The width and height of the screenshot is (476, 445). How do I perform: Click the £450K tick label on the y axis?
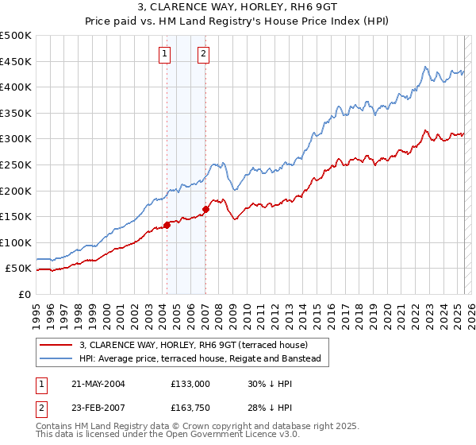point(16,61)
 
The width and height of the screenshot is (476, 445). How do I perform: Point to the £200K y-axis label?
point(16,191)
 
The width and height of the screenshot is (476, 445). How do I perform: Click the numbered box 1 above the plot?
point(164,54)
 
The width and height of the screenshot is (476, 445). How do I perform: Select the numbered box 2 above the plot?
point(203,54)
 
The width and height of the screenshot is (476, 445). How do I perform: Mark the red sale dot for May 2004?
point(167,225)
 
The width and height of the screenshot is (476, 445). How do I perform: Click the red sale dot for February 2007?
point(205,209)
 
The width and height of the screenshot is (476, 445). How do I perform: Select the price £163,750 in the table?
point(190,408)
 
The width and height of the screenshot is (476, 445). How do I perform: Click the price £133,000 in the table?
point(190,383)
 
